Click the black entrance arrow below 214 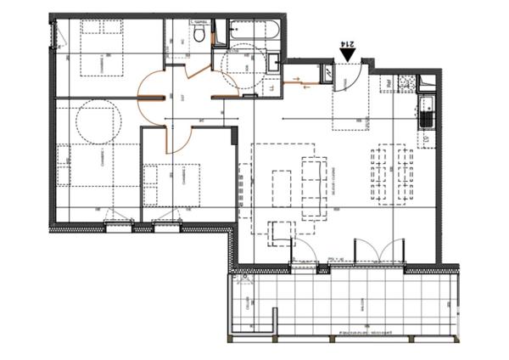click(348, 55)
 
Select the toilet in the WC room click(198, 34)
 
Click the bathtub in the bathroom click(254, 32)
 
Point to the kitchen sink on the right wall click(426, 110)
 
